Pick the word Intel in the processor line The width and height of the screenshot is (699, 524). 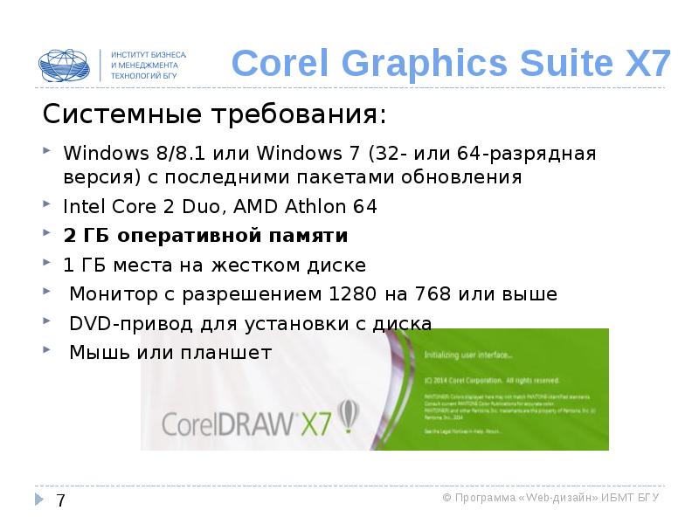click(x=80, y=207)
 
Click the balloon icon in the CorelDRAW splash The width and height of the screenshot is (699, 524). click(x=348, y=417)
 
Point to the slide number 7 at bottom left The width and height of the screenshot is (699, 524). click(x=60, y=500)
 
